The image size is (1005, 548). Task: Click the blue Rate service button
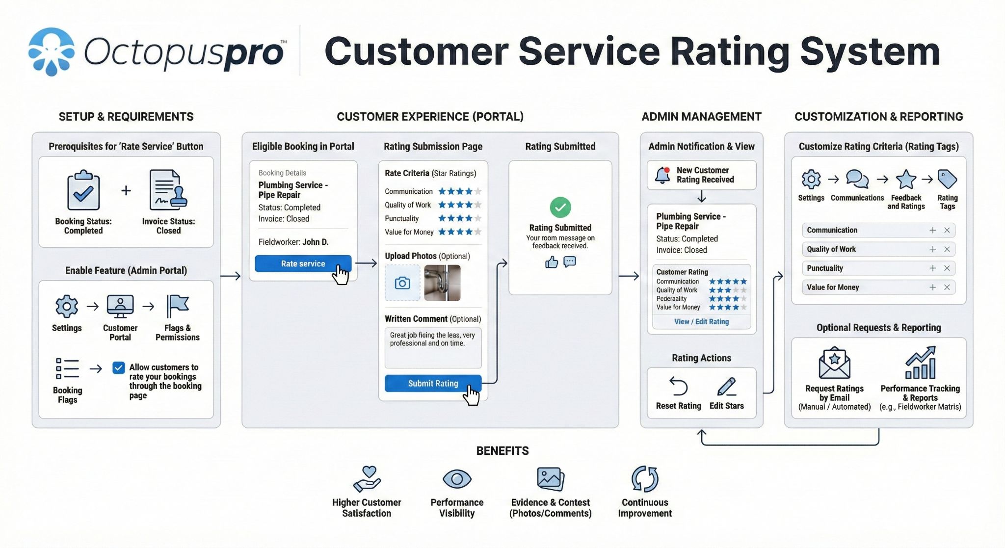303,263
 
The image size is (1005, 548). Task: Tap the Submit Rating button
433,383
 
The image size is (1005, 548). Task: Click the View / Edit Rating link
701,321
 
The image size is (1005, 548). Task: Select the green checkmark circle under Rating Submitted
560,207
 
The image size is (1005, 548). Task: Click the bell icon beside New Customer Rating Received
662,175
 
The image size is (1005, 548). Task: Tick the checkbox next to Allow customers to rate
118,367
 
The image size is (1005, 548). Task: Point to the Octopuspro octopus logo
52,51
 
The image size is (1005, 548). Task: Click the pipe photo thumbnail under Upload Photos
442,283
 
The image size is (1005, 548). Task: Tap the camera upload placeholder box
402,283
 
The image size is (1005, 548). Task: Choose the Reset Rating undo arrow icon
679,386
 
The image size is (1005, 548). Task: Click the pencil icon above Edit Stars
726,386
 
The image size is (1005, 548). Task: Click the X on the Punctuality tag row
947,268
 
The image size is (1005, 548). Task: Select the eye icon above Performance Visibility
457,479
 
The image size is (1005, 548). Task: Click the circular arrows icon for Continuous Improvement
644,479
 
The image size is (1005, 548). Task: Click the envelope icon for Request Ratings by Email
834,363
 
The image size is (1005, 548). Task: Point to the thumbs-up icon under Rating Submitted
552,262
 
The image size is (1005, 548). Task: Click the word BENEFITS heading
502,451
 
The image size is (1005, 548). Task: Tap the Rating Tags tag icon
947,179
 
